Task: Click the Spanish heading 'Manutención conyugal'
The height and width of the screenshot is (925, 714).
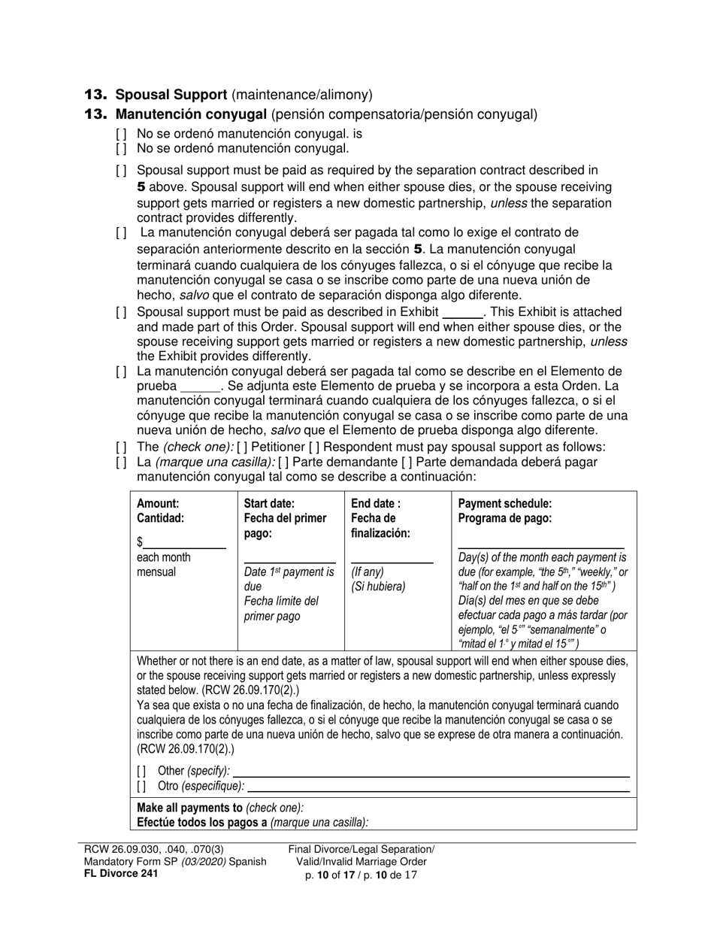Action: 191,114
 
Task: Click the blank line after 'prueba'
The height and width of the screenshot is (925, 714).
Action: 198,387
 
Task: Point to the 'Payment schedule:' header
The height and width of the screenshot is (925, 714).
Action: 504,504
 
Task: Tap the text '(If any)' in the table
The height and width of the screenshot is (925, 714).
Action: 368,572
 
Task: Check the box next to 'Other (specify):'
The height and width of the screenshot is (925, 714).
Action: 142,771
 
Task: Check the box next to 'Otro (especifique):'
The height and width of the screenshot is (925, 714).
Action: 142,786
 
